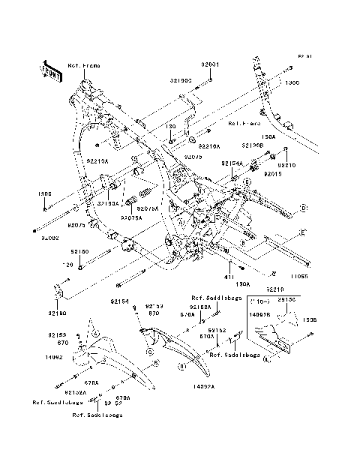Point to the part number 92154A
pos(232,163)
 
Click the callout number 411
pos(230,277)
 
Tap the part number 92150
pos(80,253)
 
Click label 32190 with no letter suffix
pos(58,311)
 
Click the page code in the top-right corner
pos(304,56)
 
